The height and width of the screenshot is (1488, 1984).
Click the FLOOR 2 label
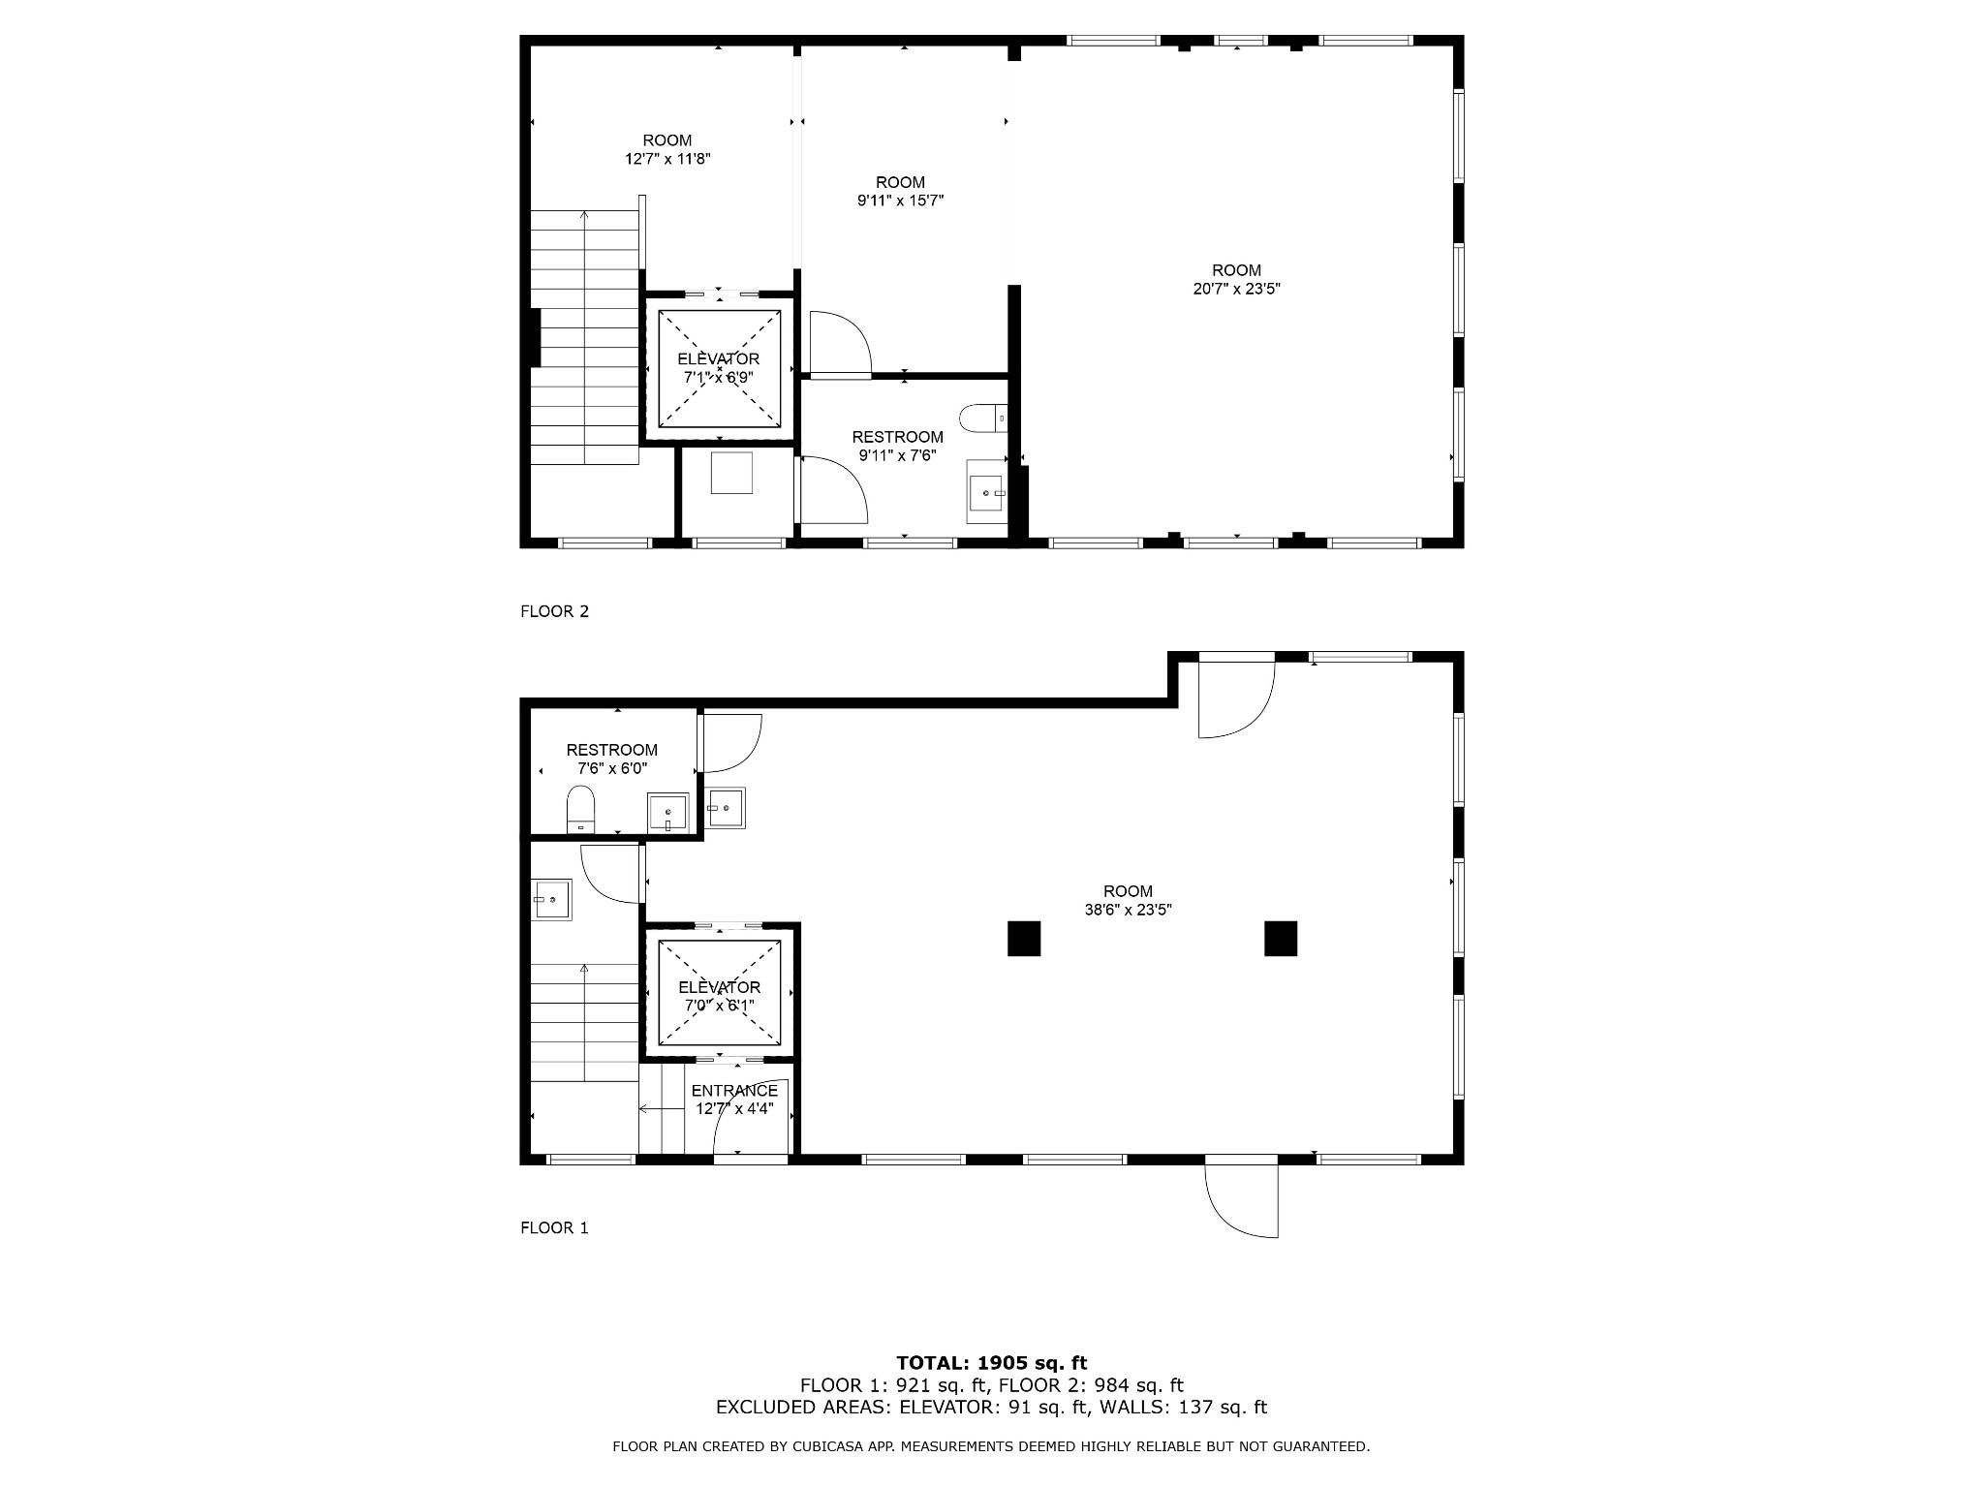point(554,611)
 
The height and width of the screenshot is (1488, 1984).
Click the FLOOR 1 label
point(554,1227)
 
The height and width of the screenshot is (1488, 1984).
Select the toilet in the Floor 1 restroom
point(580,809)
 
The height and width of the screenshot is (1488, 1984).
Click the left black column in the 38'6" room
point(1024,939)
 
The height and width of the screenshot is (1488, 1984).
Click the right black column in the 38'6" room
point(1281,939)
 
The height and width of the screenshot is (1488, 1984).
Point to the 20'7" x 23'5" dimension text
point(1236,289)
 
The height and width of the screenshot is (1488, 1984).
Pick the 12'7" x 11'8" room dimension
point(667,159)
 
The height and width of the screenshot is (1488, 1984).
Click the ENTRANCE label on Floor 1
point(734,1091)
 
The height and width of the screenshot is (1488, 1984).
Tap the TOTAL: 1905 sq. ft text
point(991,1364)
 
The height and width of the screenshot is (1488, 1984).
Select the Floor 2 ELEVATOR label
point(719,359)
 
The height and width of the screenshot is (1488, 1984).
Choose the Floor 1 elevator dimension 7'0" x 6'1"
point(719,1006)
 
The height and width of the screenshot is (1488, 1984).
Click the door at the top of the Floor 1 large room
point(1236,695)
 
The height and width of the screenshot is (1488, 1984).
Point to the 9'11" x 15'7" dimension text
point(900,201)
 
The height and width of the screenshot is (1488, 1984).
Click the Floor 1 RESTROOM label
point(611,750)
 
